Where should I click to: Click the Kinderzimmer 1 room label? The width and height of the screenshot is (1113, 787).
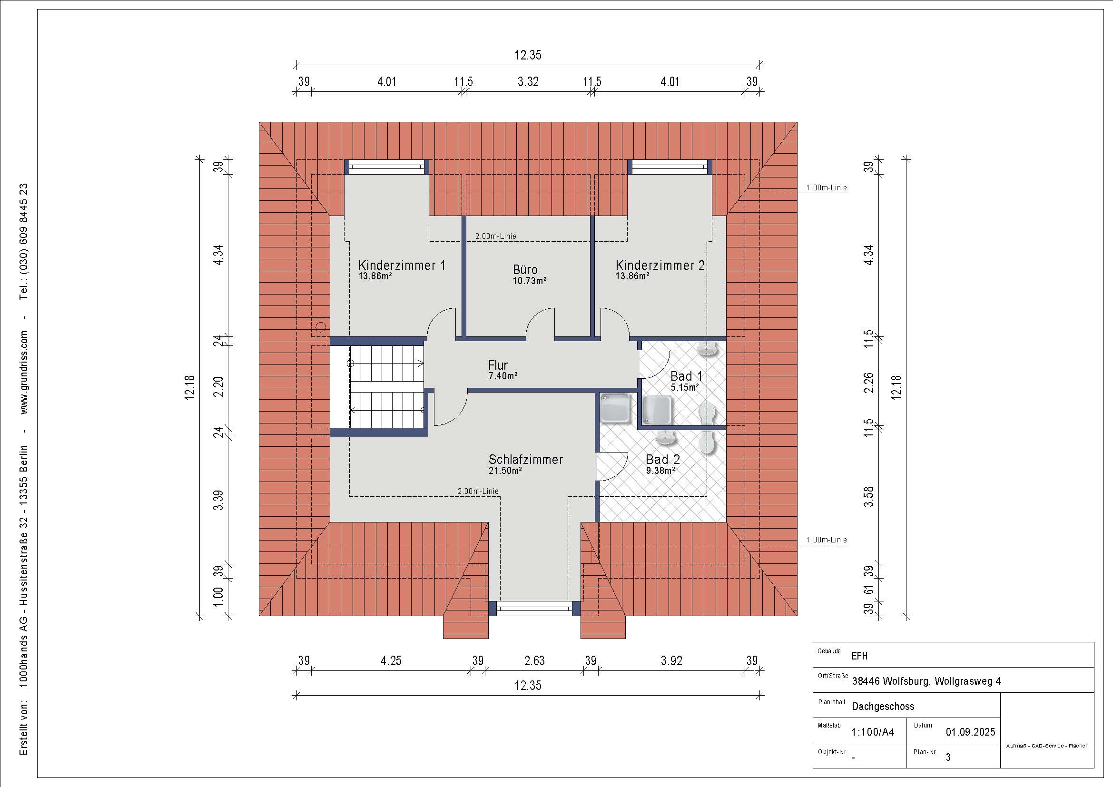[402, 265]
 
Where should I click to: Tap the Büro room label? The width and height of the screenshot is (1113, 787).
[525, 269]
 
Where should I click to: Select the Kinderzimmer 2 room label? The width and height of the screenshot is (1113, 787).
[660, 265]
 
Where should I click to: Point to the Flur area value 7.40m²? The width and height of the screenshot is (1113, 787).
[503, 375]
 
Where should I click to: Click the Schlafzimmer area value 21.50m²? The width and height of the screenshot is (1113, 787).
[505, 470]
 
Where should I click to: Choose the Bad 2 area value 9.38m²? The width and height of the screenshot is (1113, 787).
[661, 470]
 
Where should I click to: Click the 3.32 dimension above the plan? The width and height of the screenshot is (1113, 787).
[528, 81]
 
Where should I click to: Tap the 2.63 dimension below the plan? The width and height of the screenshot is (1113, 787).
[534, 660]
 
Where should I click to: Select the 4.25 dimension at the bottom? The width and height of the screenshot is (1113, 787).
[391, 660]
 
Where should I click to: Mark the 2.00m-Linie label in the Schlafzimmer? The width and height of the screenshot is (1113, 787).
[478, 491]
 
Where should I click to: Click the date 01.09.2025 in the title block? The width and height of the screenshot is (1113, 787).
[970, 732]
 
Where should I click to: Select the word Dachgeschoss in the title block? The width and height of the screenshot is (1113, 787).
[883, 706]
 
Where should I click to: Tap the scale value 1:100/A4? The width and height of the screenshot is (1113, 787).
[873, 732]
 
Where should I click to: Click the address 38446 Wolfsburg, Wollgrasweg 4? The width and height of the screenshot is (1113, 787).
[926, 681]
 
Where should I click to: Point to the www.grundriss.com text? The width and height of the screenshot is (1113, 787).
[24, 372]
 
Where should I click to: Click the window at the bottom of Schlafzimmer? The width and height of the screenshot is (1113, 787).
[534, 608]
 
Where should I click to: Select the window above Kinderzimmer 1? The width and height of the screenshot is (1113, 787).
[386, 167]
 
